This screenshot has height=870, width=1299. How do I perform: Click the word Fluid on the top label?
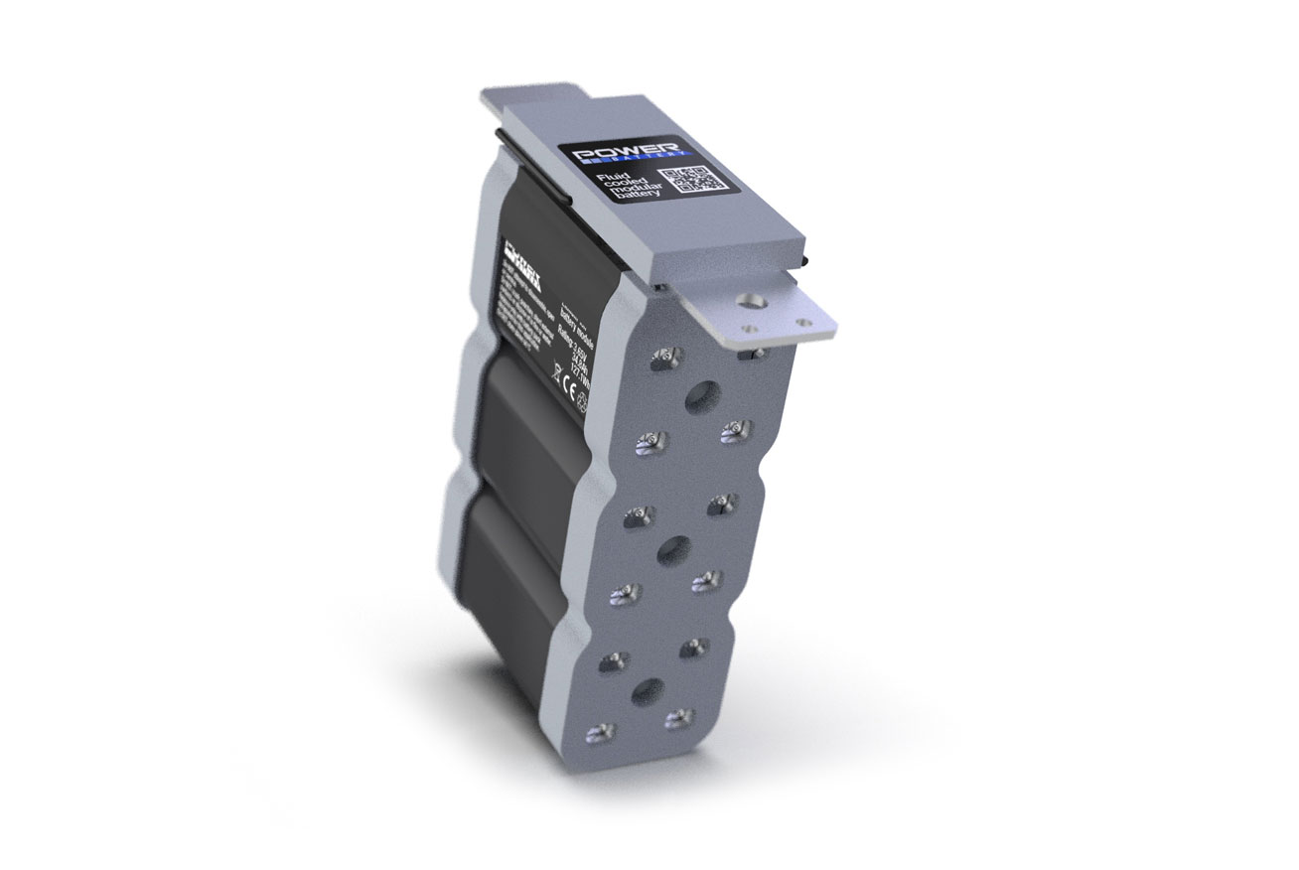pos(608,178)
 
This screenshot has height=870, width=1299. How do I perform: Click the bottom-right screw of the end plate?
pos(679,718)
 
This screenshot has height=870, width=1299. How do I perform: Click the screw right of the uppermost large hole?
pos(736,429)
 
